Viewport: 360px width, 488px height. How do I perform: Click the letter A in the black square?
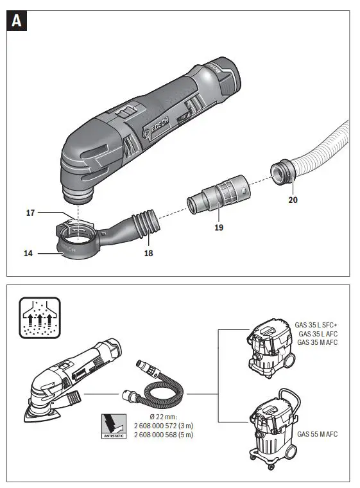[x=17, y=21]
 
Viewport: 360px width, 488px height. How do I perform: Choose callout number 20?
[x=294, y=199]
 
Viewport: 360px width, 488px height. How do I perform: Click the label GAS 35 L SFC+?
[x=316, y=325]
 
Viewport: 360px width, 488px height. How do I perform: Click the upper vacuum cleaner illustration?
[x=271, y=345]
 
